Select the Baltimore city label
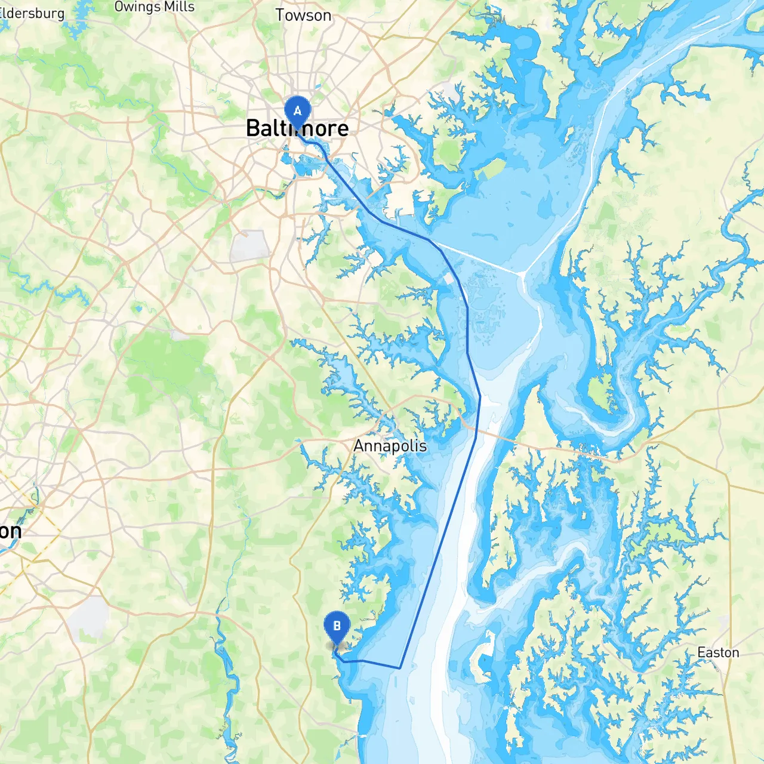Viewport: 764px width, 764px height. pos(297,128)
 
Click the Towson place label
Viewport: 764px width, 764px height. pos(303,15)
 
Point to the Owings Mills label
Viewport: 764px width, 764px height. pos(154,7)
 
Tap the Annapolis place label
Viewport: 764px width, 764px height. pos(390,446)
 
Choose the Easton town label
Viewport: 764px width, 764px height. pos(718,652)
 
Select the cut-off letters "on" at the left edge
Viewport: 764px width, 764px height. pos(10,531)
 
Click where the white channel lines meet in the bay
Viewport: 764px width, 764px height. pos(522,273)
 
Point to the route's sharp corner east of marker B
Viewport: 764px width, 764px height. pos(399,668)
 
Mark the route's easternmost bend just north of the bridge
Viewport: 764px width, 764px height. pos(480,396)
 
